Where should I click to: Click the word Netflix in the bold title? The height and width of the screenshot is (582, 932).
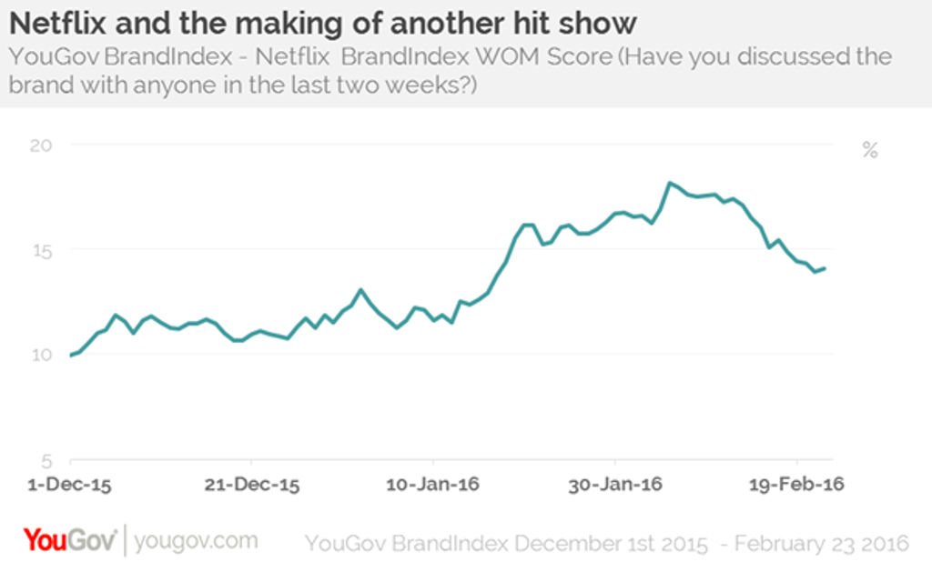coord(58,25)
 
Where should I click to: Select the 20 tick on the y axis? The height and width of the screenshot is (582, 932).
coord(41,145)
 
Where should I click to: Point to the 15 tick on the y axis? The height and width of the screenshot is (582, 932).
coord(42,251)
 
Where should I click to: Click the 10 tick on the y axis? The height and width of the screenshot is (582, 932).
coord(42,356)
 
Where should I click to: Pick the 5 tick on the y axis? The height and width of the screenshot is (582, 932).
coord(47,461)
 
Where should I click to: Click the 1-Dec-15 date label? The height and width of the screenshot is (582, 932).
coord(69,485)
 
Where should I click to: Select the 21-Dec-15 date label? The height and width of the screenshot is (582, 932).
coord(252,485)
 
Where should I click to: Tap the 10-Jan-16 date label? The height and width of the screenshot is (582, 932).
coord(432,485)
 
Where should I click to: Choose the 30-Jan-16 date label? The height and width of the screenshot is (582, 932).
coord(615,485)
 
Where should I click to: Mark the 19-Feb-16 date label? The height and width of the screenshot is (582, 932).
coord(796,485)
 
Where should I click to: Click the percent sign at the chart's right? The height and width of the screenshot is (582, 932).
coord(870,150)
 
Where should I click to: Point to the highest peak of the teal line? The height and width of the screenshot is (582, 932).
coord(670,183)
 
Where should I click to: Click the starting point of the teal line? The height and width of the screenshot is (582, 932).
coord(71,356)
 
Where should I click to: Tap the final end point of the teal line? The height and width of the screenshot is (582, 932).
coord(825,268)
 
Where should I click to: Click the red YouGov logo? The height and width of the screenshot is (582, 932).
coord(69,540)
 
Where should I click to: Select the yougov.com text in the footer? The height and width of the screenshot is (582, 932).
coord(197,541)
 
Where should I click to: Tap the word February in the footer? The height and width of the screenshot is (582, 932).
coord(775,544)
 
